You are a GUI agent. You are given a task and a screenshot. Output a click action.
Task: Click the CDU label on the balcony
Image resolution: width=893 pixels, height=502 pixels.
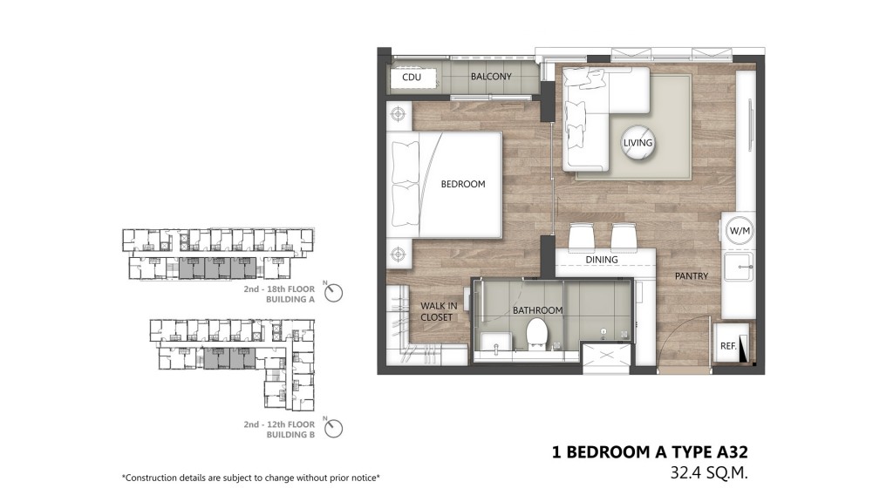click(412, 77)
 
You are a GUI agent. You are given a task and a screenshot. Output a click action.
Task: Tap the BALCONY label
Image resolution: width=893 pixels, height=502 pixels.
click(491, 77)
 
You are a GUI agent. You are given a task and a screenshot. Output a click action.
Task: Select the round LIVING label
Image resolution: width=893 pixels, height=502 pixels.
click(637, 142)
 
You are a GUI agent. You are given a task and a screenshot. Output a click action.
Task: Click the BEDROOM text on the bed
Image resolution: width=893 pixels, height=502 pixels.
click(463, 184)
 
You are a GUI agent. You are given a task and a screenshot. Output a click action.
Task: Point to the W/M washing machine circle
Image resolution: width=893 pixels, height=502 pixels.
click(740, 230)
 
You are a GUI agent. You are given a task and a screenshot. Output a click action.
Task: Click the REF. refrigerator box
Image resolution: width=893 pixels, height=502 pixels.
click(732, 343)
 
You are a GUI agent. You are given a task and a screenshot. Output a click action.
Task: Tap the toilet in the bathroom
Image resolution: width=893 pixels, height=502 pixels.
click(536, 334)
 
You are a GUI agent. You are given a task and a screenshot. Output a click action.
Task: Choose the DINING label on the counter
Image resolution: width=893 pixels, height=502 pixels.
click(602, 260)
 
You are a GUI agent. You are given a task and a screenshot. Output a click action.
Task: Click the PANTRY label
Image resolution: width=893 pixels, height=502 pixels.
click(692, 276)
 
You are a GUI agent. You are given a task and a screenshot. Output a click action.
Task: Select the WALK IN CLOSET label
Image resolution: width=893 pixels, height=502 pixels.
click(438, 311)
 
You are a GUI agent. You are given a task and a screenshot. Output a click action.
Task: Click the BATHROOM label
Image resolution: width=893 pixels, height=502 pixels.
click(537, 310)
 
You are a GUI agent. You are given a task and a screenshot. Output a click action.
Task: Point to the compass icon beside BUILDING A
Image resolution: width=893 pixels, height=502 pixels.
click(333, 293)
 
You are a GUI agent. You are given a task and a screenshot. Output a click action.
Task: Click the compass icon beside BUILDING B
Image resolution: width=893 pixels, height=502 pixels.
click(333, 428)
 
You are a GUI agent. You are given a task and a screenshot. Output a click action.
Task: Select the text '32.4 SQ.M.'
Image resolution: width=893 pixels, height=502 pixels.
click(708, 472)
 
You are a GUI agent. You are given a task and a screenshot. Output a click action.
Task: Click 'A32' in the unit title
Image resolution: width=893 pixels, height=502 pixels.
click(732, 452)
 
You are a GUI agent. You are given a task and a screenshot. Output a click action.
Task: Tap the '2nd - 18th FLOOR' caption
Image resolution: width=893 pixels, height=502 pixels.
click(279, 289)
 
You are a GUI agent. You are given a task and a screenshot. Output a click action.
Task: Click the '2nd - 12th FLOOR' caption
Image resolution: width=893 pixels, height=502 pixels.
click(279, 424)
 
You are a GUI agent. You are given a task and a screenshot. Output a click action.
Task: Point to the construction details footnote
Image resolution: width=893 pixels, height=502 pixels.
click(250, 478)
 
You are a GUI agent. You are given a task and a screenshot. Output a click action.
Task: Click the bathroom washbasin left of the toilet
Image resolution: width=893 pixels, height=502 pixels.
click(493, 343)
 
